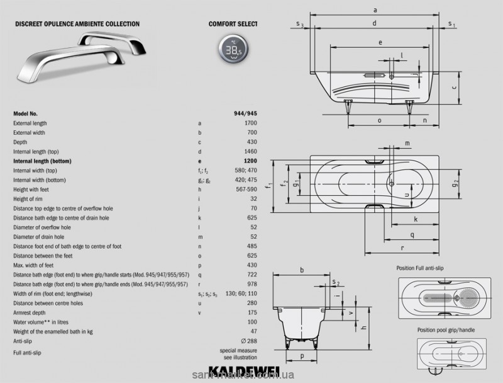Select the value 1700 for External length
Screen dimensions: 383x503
click(251, 123)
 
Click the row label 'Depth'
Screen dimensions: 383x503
click(21, 142)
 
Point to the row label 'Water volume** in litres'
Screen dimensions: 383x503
click(43, 322)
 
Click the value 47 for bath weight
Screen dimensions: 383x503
click(254, 331)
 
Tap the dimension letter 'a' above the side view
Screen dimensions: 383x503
click(375, 9)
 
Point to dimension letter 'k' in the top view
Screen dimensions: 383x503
click(416, 219)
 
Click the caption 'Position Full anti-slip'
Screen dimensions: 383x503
click(424, 268)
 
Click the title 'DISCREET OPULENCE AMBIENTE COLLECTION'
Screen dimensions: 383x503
click(77, 24)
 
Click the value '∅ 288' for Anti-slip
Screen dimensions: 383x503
click(249, 341)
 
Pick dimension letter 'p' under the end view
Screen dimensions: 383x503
click(302, 356)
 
